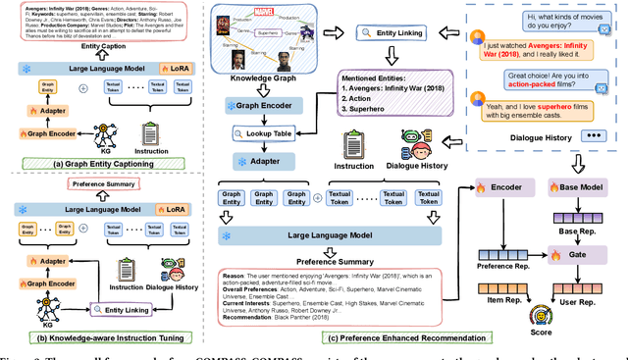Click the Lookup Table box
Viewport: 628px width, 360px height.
click(x=267, y=133)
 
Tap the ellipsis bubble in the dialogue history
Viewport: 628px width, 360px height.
click(x=594, y=134)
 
